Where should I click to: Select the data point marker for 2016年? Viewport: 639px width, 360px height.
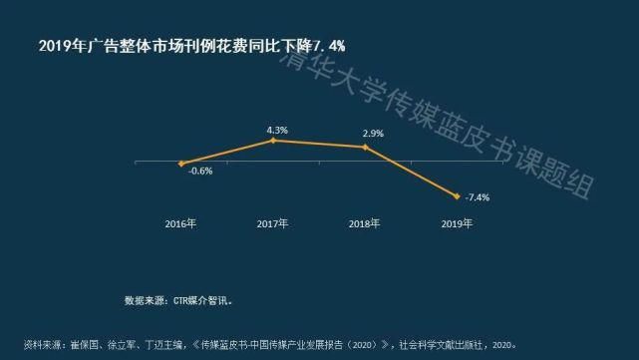181,163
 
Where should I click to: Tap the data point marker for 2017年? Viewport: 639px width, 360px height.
274,141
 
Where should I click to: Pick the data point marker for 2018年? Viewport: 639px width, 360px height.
366,148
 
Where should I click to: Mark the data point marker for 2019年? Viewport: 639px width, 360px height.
457,195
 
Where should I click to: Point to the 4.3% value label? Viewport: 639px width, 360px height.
277,130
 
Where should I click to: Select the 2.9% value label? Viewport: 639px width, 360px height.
374,133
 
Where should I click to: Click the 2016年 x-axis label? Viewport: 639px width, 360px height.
180,223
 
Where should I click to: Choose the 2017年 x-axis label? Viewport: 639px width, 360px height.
272,223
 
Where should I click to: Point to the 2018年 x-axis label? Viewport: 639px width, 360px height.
364,223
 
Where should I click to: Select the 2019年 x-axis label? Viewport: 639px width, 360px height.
456,223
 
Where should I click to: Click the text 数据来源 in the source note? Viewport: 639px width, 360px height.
145,299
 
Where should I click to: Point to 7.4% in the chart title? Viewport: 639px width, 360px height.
333,46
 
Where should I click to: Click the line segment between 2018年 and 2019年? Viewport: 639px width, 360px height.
412,172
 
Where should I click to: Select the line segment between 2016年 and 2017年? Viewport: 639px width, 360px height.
227,152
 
